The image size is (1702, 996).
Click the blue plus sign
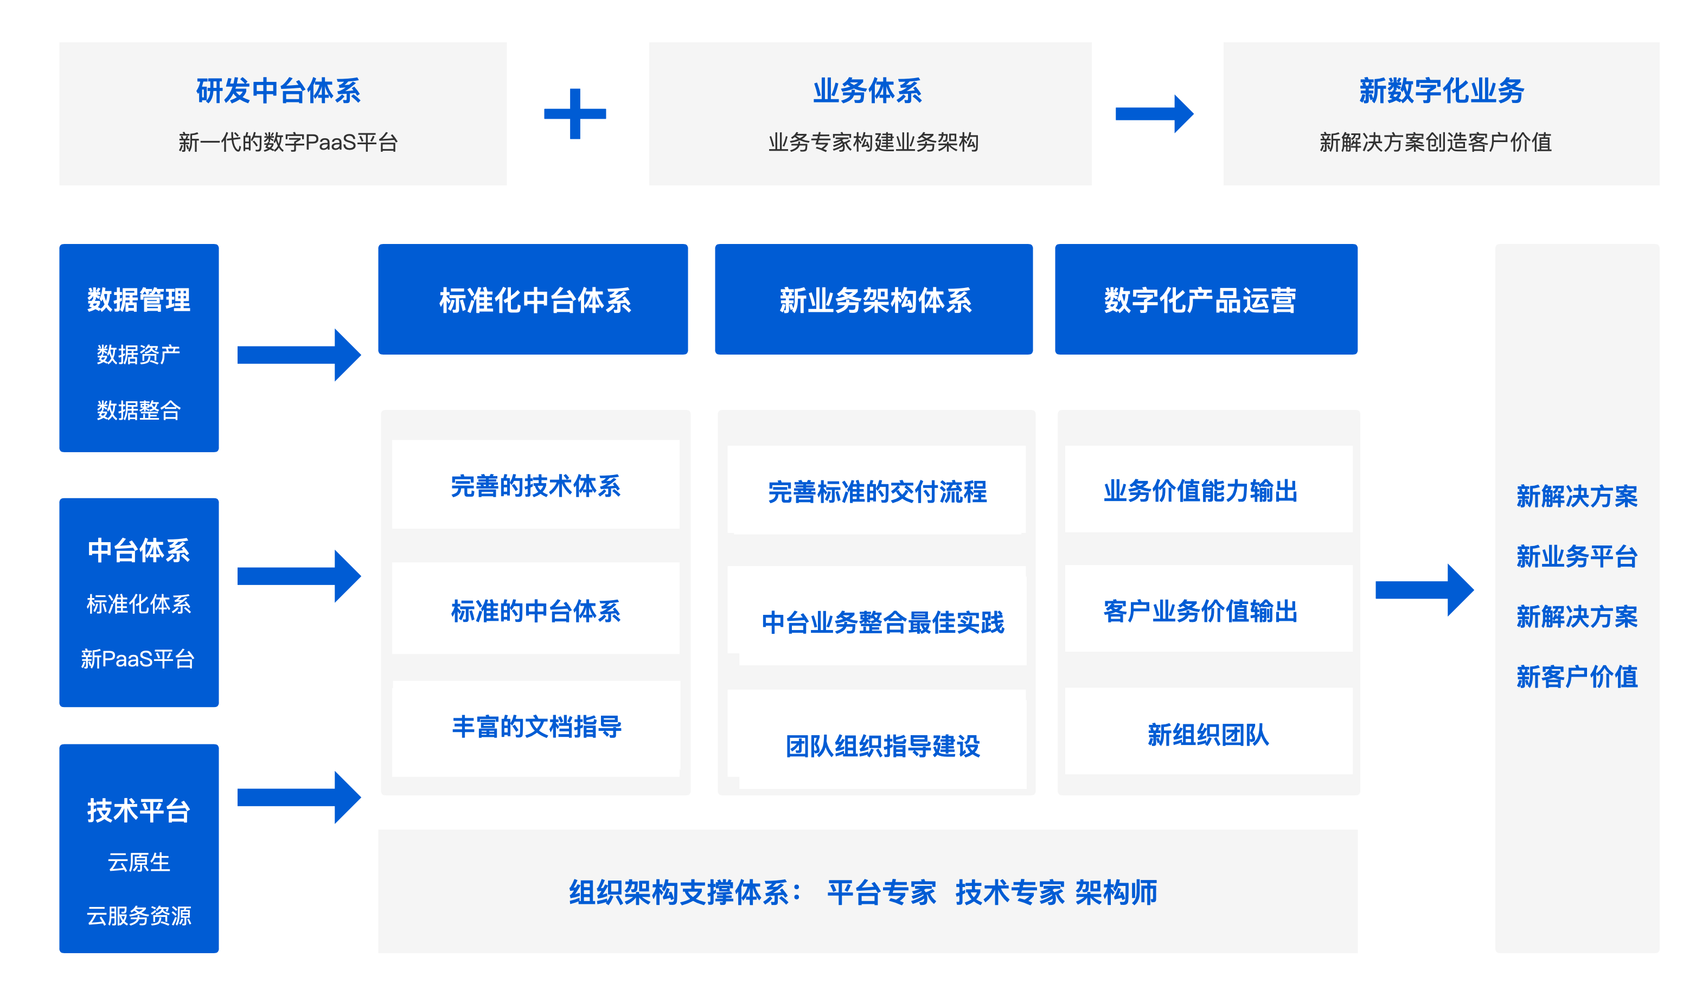tap(575, 113)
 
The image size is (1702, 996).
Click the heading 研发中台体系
tap(278, 91)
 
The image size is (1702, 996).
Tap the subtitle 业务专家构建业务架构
tap(873, 143)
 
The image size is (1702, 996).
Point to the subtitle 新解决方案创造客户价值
tap(1435, 143)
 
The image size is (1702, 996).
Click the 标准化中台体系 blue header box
tap(534, 300)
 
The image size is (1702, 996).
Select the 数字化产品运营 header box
tap(1206, 300)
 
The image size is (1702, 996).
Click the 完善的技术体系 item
tap(535, 485)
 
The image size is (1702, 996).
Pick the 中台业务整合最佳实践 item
tap(882, 622)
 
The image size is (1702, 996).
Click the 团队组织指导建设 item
tap(882, 746)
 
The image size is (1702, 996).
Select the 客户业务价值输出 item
tap(1200, 611)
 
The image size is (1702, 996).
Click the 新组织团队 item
tap(1207, 735)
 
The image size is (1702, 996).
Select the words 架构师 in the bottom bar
tap(1116, 892)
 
